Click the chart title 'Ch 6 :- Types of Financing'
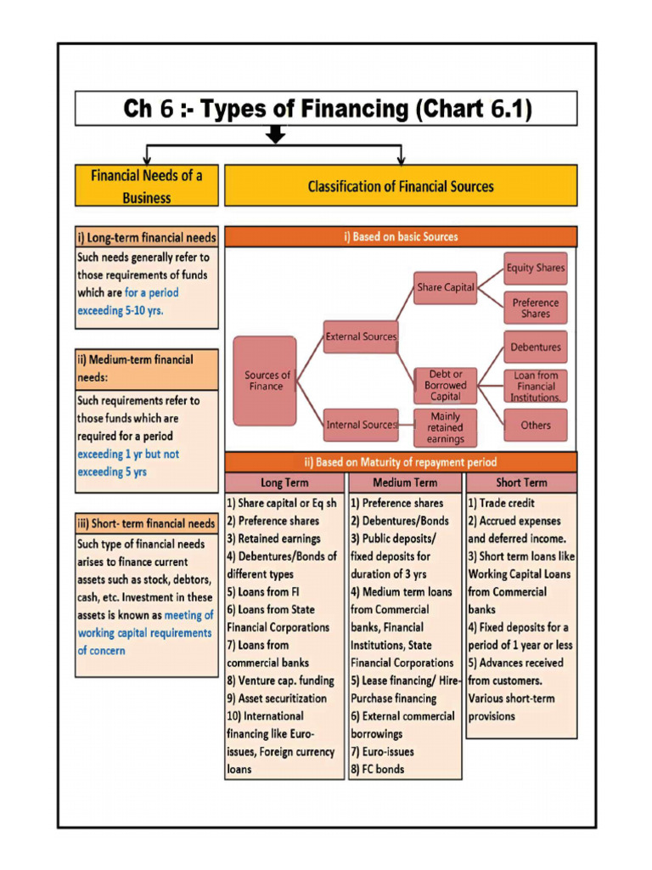point(327,109)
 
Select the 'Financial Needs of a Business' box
point(146,186)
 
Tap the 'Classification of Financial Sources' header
point(400,186)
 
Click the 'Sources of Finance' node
point(266,381)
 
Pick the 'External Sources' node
point(361,336)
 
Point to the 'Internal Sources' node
point(361,424)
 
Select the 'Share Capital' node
point(446,287)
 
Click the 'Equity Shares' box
point(536,268)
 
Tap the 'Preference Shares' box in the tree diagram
point(536,308)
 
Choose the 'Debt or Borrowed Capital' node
point(446,386)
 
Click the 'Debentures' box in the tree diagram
point(536,347)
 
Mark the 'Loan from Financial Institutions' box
point(536,386)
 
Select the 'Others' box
point(536,425)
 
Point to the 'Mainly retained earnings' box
point(446,428)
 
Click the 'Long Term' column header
point(284,483)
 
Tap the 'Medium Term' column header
point(405,483)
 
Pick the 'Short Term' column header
point(521,483)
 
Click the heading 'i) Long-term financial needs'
point(147,238)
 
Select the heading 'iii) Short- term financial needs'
point(147,523)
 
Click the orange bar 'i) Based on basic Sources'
point(400,236)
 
